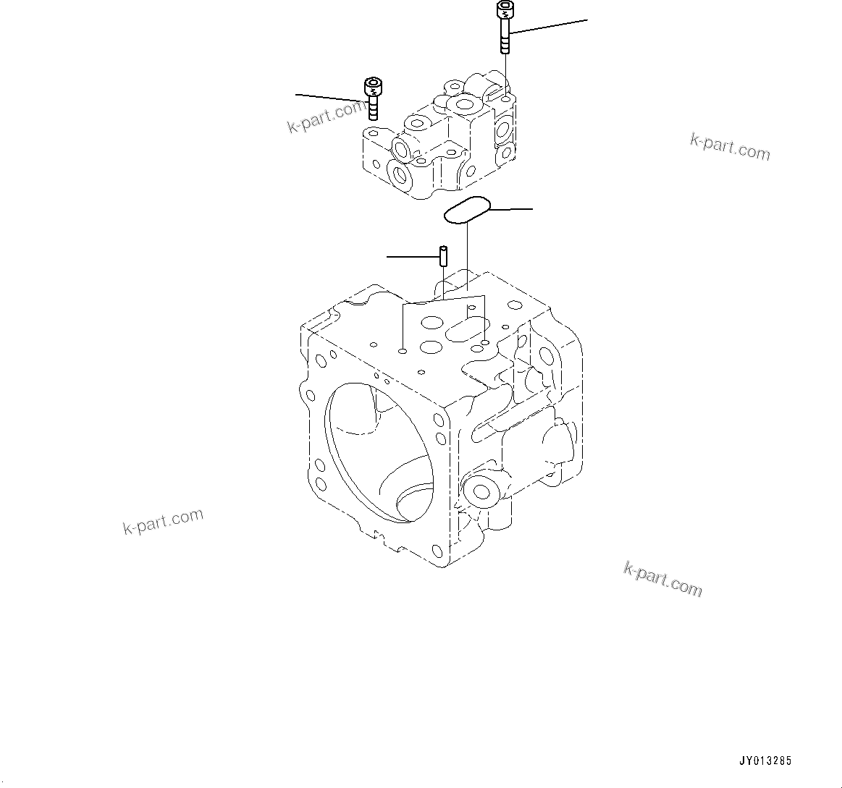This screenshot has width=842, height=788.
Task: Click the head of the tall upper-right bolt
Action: point(504,11)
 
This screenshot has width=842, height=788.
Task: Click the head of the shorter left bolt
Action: point(373,88)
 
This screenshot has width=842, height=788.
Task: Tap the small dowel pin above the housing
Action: point(443,256)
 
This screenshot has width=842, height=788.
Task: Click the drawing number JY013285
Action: point(765,761)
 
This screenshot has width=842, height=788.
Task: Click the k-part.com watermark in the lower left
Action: point(163,522)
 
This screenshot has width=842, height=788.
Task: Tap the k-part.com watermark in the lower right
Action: point(662,579)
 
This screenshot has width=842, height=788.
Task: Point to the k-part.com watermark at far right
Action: point(730,147)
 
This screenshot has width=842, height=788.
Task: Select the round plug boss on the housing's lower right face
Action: point(479,492)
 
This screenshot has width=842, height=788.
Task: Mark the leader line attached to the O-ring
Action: point(511,209)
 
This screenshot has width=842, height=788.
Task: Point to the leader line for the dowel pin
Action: point(411,256)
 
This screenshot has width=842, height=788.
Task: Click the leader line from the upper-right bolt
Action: point(549,26)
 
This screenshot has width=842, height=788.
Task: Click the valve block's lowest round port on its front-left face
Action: point(400,174)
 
